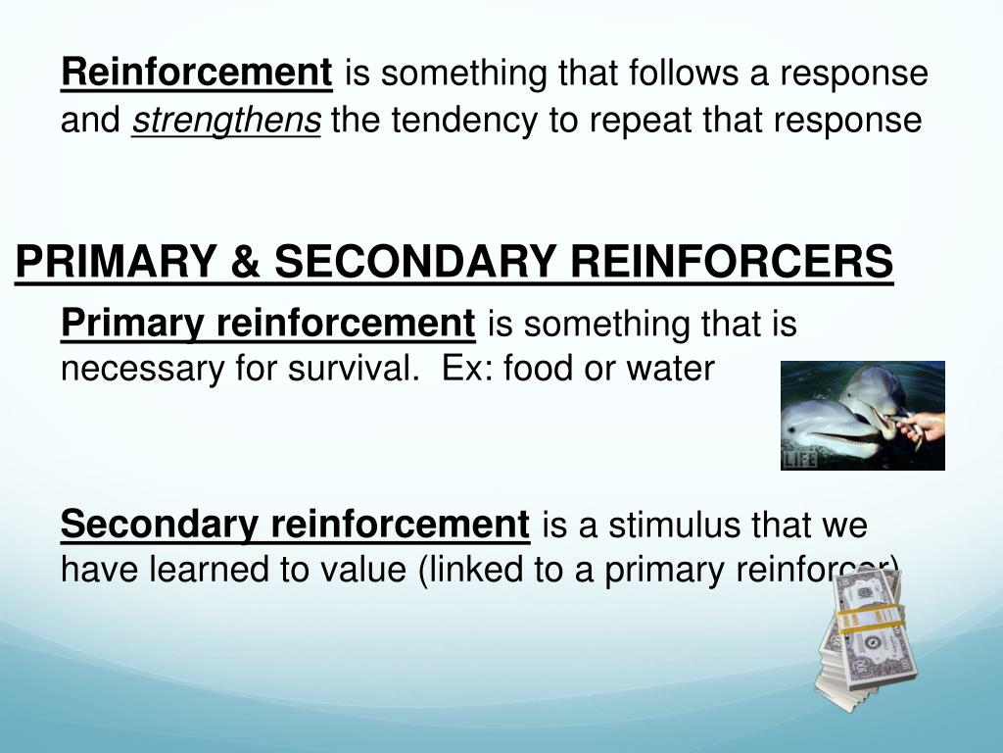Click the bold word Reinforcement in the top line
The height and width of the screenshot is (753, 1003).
(197, 73)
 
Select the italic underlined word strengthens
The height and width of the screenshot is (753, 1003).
(226, 121)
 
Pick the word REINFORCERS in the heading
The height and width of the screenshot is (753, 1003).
(732, 262)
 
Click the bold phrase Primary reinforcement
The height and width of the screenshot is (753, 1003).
(267, 322)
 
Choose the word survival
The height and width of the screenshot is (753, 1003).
(350, 370)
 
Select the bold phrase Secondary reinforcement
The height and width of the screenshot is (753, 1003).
(295, 525)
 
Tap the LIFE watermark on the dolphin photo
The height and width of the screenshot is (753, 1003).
(800, 459)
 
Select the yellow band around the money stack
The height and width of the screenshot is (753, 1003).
(867, 619)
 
